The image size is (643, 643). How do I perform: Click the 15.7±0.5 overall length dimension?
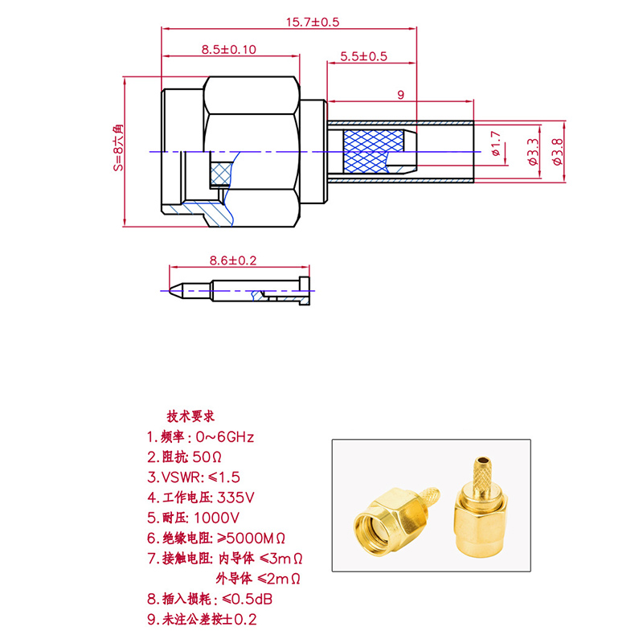pos(313,22)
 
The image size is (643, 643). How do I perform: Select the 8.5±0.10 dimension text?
pos(229,50)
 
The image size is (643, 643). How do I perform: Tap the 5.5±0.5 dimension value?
pos(363,56)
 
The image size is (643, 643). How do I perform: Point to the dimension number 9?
pos(400,95)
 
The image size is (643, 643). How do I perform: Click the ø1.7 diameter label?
pos(496,144)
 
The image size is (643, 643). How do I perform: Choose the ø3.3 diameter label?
pos(533,152)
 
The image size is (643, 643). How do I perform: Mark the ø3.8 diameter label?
pos(558,152)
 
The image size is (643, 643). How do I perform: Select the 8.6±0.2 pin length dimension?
pos(233,260)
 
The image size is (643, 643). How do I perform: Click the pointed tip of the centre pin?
pos(170,291)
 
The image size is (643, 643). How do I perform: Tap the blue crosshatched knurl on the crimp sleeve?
pos(372,151)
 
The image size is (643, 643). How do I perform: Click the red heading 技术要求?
pos(190,416)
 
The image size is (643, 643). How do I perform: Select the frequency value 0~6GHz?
pos(225,437)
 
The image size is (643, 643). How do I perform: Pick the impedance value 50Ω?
pos(207,457)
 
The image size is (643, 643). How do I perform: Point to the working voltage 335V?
pos(235,498)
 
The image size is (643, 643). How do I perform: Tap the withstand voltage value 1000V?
pos(216,518)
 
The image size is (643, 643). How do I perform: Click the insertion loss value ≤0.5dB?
pos(248,599)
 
